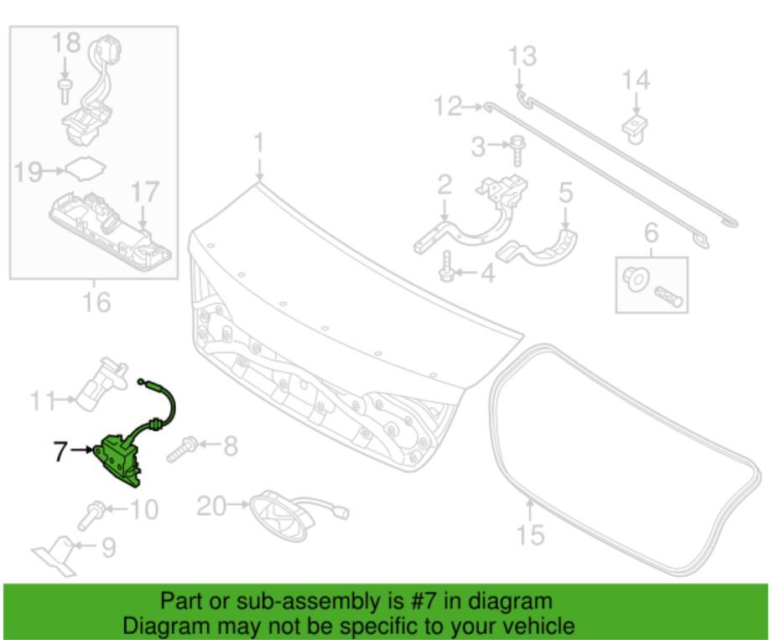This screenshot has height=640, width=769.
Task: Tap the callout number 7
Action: (60, 450)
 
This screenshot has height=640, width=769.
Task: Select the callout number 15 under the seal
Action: (530, 533)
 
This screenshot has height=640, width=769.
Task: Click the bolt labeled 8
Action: (183, 449)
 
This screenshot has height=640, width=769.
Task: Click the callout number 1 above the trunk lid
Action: (259, 143)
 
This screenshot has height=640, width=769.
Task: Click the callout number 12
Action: (447, 107)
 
